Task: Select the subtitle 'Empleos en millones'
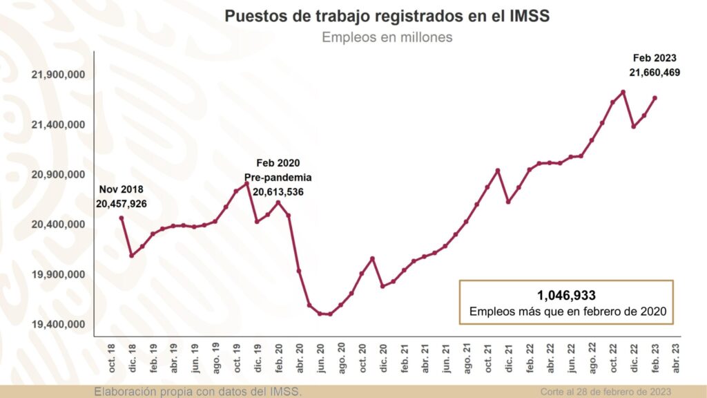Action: pos(387,37)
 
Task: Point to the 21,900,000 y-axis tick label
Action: pos(58,75)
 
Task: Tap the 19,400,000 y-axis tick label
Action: pos(58,324)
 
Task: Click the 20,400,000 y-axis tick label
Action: pos(58,225)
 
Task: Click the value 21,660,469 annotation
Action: pos(655,71)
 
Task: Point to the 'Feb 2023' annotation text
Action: pos(655,58)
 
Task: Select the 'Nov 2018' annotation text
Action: pos(122,190)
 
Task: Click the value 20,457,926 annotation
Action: pos(122,204)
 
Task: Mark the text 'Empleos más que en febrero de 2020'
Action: pos(567,312)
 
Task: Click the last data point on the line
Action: pos(655,98)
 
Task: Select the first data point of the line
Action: pos(122,218)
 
